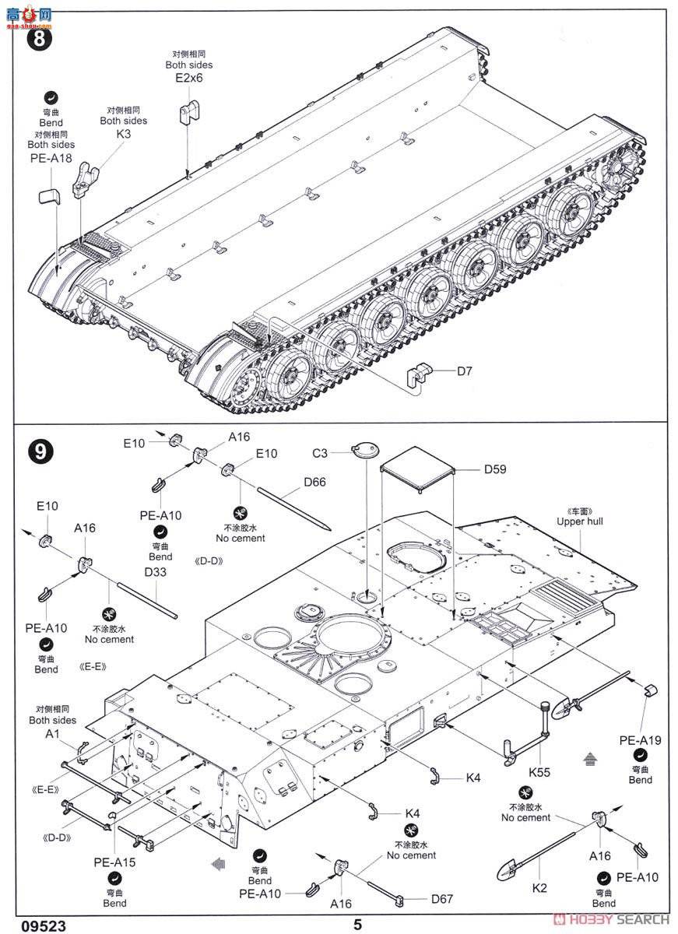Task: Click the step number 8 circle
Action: pos(39,39)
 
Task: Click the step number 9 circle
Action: pos(39,451)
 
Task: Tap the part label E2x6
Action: pos(188,79)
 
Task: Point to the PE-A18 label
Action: pos(51,158)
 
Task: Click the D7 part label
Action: pos(464,370)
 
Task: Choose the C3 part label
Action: pos(321,452)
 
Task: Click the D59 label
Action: pos(495,469)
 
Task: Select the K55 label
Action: pos(539,773)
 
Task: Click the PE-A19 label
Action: pos(640,739)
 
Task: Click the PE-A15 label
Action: pos(114,862)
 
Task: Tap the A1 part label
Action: pos(52,734)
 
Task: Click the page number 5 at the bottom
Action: pos(357,925)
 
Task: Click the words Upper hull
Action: pos(580,521)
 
